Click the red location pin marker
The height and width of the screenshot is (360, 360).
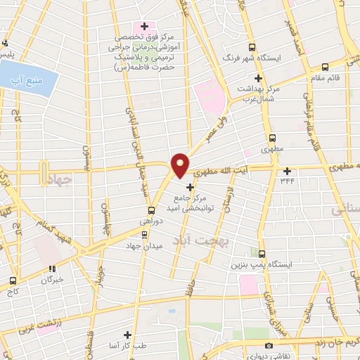point(180,164)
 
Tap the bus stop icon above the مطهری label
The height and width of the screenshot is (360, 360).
point(273,139)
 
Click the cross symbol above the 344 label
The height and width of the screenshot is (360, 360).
point(287,170)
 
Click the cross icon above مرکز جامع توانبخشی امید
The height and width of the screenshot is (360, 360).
point(190,186)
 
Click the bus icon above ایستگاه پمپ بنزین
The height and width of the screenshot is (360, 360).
point(262,254)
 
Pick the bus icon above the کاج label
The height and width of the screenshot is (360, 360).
point(13,279)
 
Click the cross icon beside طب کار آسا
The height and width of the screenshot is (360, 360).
point(127,335)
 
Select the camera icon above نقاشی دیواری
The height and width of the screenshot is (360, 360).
point(269,345)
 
